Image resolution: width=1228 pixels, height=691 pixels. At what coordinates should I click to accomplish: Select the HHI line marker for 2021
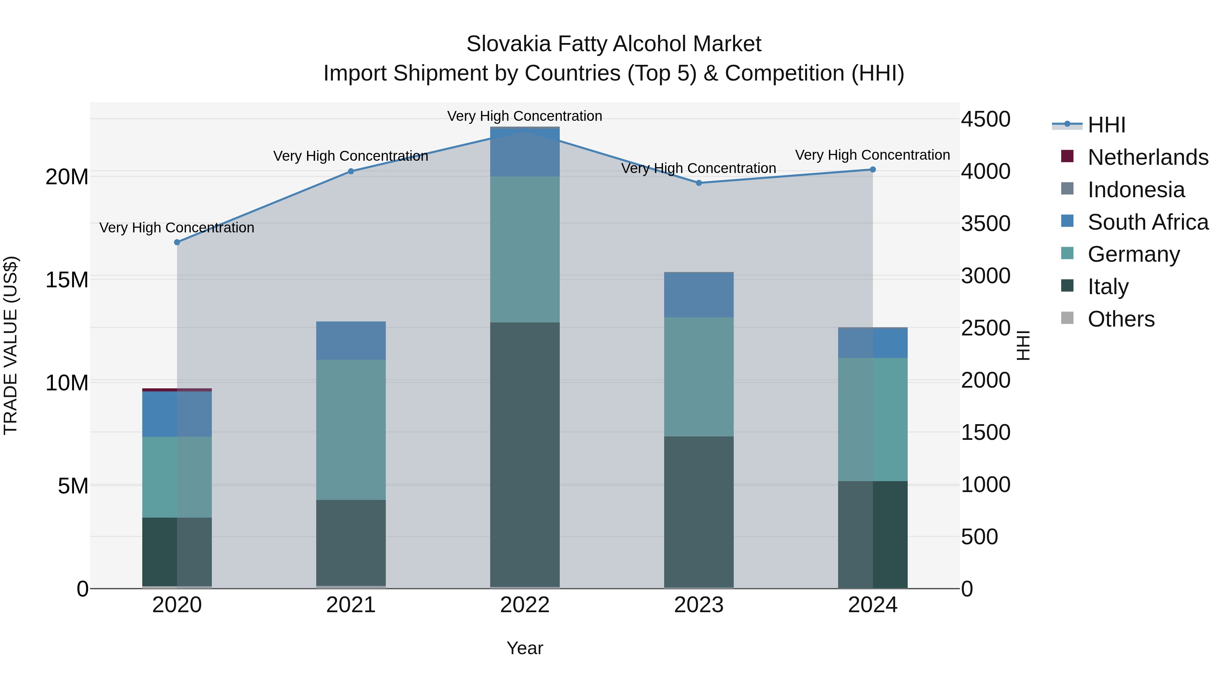coord(351,171)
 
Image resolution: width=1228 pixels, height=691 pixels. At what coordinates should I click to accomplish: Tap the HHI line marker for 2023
coord(699,183)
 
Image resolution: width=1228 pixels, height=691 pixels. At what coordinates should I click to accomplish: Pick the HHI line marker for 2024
coord(873,169)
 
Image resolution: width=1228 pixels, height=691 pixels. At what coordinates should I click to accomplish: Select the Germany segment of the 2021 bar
coord(351,429)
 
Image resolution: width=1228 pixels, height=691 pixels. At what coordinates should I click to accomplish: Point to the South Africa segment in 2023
coord(699,295)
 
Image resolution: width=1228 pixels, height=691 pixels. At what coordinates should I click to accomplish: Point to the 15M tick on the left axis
coord(67,279)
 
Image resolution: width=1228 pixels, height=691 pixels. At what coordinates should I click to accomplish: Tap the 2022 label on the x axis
coord(525,605)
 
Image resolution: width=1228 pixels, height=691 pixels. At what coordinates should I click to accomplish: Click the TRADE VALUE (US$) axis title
coord(11,345)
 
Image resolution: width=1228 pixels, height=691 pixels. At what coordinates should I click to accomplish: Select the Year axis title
coord(525,648)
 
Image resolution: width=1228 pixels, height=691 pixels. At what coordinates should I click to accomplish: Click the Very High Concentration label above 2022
coord(525,116)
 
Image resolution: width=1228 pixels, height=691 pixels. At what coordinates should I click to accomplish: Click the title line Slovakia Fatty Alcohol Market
coord(614,44)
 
